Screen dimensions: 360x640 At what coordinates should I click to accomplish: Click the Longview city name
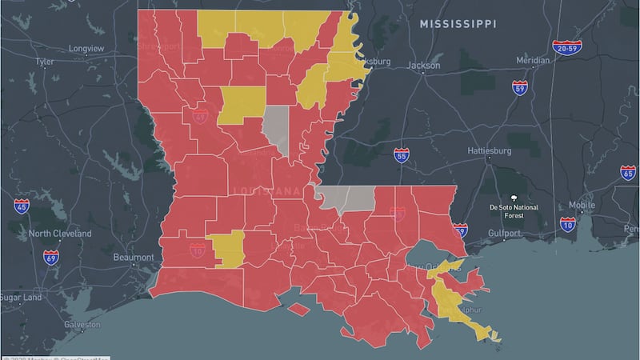tap(86, 48)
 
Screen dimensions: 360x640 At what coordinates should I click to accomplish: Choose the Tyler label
tap(44, 61)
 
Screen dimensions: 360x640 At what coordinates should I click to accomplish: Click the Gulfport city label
tap(505, 233)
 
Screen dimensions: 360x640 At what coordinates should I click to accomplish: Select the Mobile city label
tap(582, 206)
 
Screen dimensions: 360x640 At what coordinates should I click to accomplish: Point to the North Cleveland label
tap(60, 234)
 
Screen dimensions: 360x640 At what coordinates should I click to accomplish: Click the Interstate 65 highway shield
tap(628, 172)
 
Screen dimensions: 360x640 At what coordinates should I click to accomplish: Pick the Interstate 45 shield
tap(22, 206)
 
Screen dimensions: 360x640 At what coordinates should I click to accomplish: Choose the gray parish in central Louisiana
tap(277, 128)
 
